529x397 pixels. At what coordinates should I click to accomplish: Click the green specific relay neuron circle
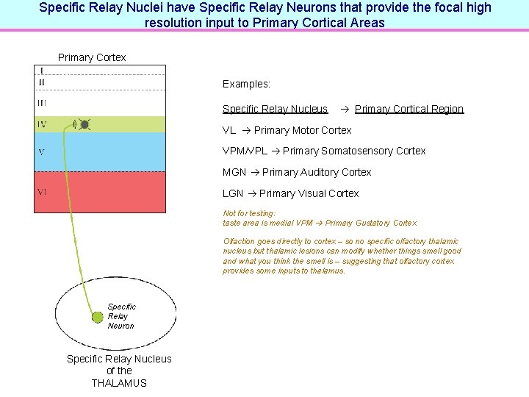tap(96, 317)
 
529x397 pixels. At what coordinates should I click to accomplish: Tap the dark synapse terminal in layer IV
tap(84, 124)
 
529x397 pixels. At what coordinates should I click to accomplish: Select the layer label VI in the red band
tap(42, 192)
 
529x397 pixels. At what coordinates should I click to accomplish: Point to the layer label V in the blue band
tap(41, 152)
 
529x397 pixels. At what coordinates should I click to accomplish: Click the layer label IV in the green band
tap(42, 125)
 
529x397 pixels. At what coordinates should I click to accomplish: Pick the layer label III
tap(42, 103)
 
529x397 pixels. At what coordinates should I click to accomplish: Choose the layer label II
tap(41, 82)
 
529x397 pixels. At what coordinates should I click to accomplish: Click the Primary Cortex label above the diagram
tap(92, 57)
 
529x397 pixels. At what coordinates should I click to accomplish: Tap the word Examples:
tap(246, 85)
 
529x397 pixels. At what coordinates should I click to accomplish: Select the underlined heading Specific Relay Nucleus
tap(275, 109)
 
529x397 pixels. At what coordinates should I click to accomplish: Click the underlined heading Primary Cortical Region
tap(409, 109)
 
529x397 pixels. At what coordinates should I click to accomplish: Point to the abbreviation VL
tap(229, 130)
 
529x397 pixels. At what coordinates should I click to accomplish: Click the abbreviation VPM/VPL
tap(245, 151)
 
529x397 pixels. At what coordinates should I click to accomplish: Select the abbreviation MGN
tap(234, 172)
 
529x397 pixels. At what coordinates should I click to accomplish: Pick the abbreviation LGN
tap(233, 193)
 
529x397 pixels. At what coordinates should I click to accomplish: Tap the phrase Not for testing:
tap(249, 213)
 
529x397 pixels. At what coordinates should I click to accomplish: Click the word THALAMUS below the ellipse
tap(119, 383)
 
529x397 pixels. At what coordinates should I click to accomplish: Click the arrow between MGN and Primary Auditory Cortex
tap(254, 172)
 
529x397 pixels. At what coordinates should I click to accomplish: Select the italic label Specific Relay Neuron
tap(121, 316)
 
